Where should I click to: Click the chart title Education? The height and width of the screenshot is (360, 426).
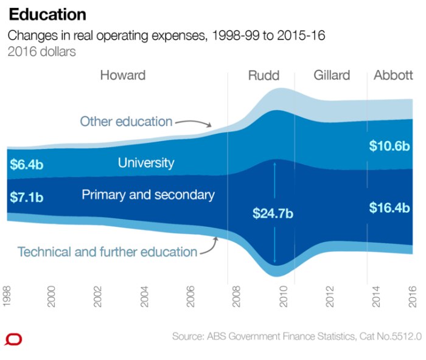pos(47,15)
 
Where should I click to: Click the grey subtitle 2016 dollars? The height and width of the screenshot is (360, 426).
pos(41,52)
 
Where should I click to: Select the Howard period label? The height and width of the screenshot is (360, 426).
pos(123,75)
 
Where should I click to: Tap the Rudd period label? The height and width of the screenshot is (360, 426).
pos(264,75)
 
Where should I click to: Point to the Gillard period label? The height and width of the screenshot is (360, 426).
pos(332,75)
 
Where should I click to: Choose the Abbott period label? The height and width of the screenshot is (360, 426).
pos(394,75)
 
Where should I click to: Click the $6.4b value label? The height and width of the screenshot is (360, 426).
pos(27,164)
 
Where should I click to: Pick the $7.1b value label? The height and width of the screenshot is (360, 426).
pos(27,197)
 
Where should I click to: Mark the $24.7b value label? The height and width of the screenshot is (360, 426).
pos(273,213)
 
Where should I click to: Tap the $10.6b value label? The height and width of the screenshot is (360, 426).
pos(389,146)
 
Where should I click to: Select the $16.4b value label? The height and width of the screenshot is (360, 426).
pos(389,208)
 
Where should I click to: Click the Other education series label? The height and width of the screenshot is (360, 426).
pos(126,122)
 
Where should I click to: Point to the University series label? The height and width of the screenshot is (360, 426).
pos(146,163)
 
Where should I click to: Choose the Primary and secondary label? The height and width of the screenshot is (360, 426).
pos(148,195)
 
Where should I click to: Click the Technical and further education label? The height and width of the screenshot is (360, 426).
pos(107,252)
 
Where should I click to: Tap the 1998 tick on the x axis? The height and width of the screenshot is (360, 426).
pos(7,296)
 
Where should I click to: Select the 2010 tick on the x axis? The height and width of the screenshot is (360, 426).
pos(283,296)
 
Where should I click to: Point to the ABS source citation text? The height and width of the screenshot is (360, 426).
pos(297,336)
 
